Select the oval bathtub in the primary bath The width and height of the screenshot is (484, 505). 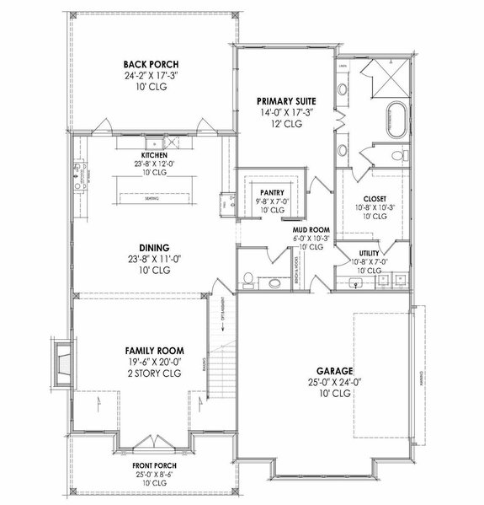pos(396,121)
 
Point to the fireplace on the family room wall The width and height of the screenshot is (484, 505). pos(61,363)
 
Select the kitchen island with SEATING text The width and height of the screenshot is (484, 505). pos(152,198)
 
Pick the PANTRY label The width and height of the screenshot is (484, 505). pos(271,192)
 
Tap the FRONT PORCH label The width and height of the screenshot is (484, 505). pos(153,465)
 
